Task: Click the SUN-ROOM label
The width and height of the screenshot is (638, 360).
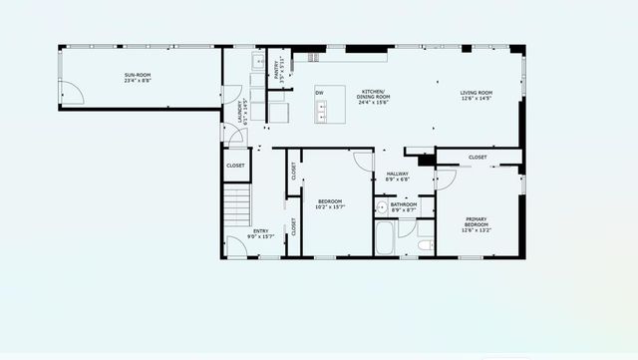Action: pos(138,76)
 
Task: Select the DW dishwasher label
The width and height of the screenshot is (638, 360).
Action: pos(320,93)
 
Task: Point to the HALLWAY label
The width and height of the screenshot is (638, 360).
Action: pos(398,175)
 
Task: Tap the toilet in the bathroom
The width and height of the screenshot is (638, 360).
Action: pos(425,243)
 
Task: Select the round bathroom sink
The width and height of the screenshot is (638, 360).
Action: pos(381,208)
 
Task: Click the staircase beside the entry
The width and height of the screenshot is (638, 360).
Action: pos(235,207)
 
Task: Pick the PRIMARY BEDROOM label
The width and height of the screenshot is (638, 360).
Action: pos(476,222)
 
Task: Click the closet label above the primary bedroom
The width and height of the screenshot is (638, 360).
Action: pos(478,157)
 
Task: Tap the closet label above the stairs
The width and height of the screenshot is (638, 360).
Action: pos(235,166)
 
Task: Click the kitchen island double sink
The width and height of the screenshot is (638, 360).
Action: pos(324,116)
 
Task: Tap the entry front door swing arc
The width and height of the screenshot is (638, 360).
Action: pos(235,244)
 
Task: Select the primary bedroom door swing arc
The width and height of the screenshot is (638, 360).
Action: pos(446,180)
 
